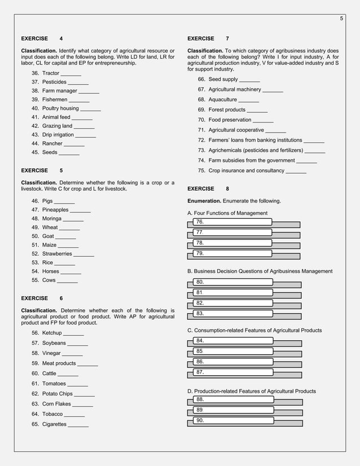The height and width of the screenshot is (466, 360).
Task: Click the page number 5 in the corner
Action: (341, 19)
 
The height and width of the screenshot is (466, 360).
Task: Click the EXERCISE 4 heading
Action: (42, 39)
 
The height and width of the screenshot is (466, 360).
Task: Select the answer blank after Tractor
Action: (71, 74)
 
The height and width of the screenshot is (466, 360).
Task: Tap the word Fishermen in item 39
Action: (55, 99)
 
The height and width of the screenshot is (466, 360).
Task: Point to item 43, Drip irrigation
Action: (58, 135)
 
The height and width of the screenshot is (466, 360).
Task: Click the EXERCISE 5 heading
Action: (42, 170)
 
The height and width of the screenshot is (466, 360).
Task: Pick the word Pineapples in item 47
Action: (55, 210)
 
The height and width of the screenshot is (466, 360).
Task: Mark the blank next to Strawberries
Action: (84, 254)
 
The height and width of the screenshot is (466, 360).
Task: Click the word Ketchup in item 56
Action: (52, 333)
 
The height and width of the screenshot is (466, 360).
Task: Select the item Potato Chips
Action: (57, 394)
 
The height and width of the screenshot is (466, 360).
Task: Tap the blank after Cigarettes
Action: (78, 425)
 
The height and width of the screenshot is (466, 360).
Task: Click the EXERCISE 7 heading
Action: (208, 39)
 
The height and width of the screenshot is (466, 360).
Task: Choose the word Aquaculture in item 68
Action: (223, 99)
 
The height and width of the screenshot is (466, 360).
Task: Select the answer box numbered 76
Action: (232, 222)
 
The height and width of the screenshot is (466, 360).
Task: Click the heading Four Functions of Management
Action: (227, 213)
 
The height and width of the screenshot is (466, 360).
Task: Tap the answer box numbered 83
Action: (232, 313)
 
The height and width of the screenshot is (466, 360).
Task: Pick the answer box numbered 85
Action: (232, 351)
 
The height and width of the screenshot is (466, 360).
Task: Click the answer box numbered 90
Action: (232, 420)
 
